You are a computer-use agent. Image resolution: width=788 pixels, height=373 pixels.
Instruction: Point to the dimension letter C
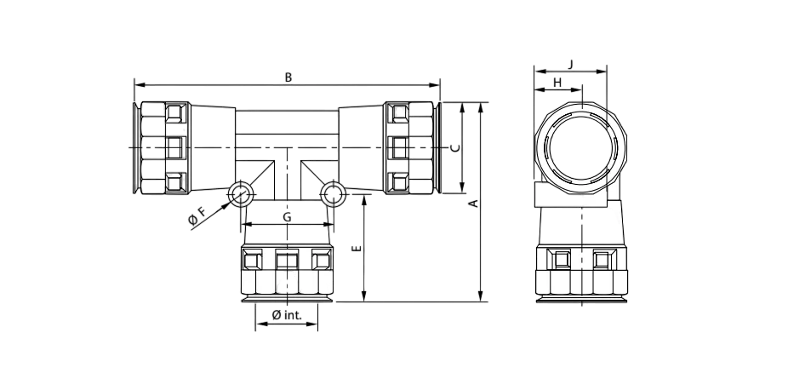454,147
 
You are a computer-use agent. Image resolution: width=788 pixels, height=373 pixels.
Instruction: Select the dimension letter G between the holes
287,218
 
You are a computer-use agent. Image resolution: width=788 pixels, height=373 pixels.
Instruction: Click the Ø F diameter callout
196,218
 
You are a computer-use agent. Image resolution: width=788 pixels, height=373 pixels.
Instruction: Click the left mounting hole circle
239,193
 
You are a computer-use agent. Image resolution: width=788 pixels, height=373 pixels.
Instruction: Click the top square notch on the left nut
174,113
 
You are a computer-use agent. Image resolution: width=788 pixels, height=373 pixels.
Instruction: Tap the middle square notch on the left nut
174,147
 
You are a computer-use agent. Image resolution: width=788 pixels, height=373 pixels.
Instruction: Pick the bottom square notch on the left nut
174,181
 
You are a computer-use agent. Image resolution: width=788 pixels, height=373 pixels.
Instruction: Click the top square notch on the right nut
398,113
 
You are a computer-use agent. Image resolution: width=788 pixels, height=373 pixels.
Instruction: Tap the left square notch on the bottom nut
253,259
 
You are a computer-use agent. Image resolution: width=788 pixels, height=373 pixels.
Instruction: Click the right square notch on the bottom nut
321,259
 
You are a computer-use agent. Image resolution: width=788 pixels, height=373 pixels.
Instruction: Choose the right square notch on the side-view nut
603,259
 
